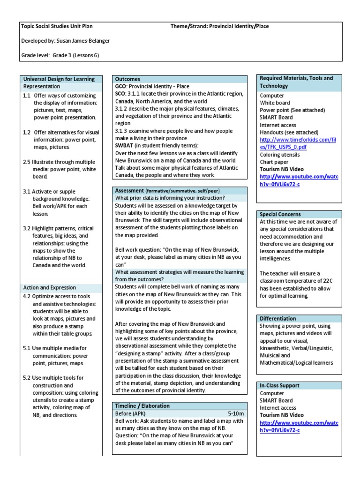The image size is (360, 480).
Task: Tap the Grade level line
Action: (x=60, y=55)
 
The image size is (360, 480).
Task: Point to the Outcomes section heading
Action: (x=127, y=79)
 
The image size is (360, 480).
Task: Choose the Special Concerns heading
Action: (x=280, y=214)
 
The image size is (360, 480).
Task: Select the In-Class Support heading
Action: (x=280, y=386)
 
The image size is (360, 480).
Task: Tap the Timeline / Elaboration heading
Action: (x=142, y=406)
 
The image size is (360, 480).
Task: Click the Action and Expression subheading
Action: (x=49, y=288)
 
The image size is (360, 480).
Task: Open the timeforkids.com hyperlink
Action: (x=298, y=143)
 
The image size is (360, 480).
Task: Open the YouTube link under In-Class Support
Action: (x=298, y=427)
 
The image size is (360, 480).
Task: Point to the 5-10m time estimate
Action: (x=236, y=414)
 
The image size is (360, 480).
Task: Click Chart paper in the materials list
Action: (x=275, y=162)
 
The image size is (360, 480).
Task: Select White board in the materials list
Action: (x=275, y=103)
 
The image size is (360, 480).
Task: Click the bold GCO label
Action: (x=121, y=87)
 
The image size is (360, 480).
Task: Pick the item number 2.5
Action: (x=27, y=162)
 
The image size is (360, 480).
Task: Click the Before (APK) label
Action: (x=131, y=414)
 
